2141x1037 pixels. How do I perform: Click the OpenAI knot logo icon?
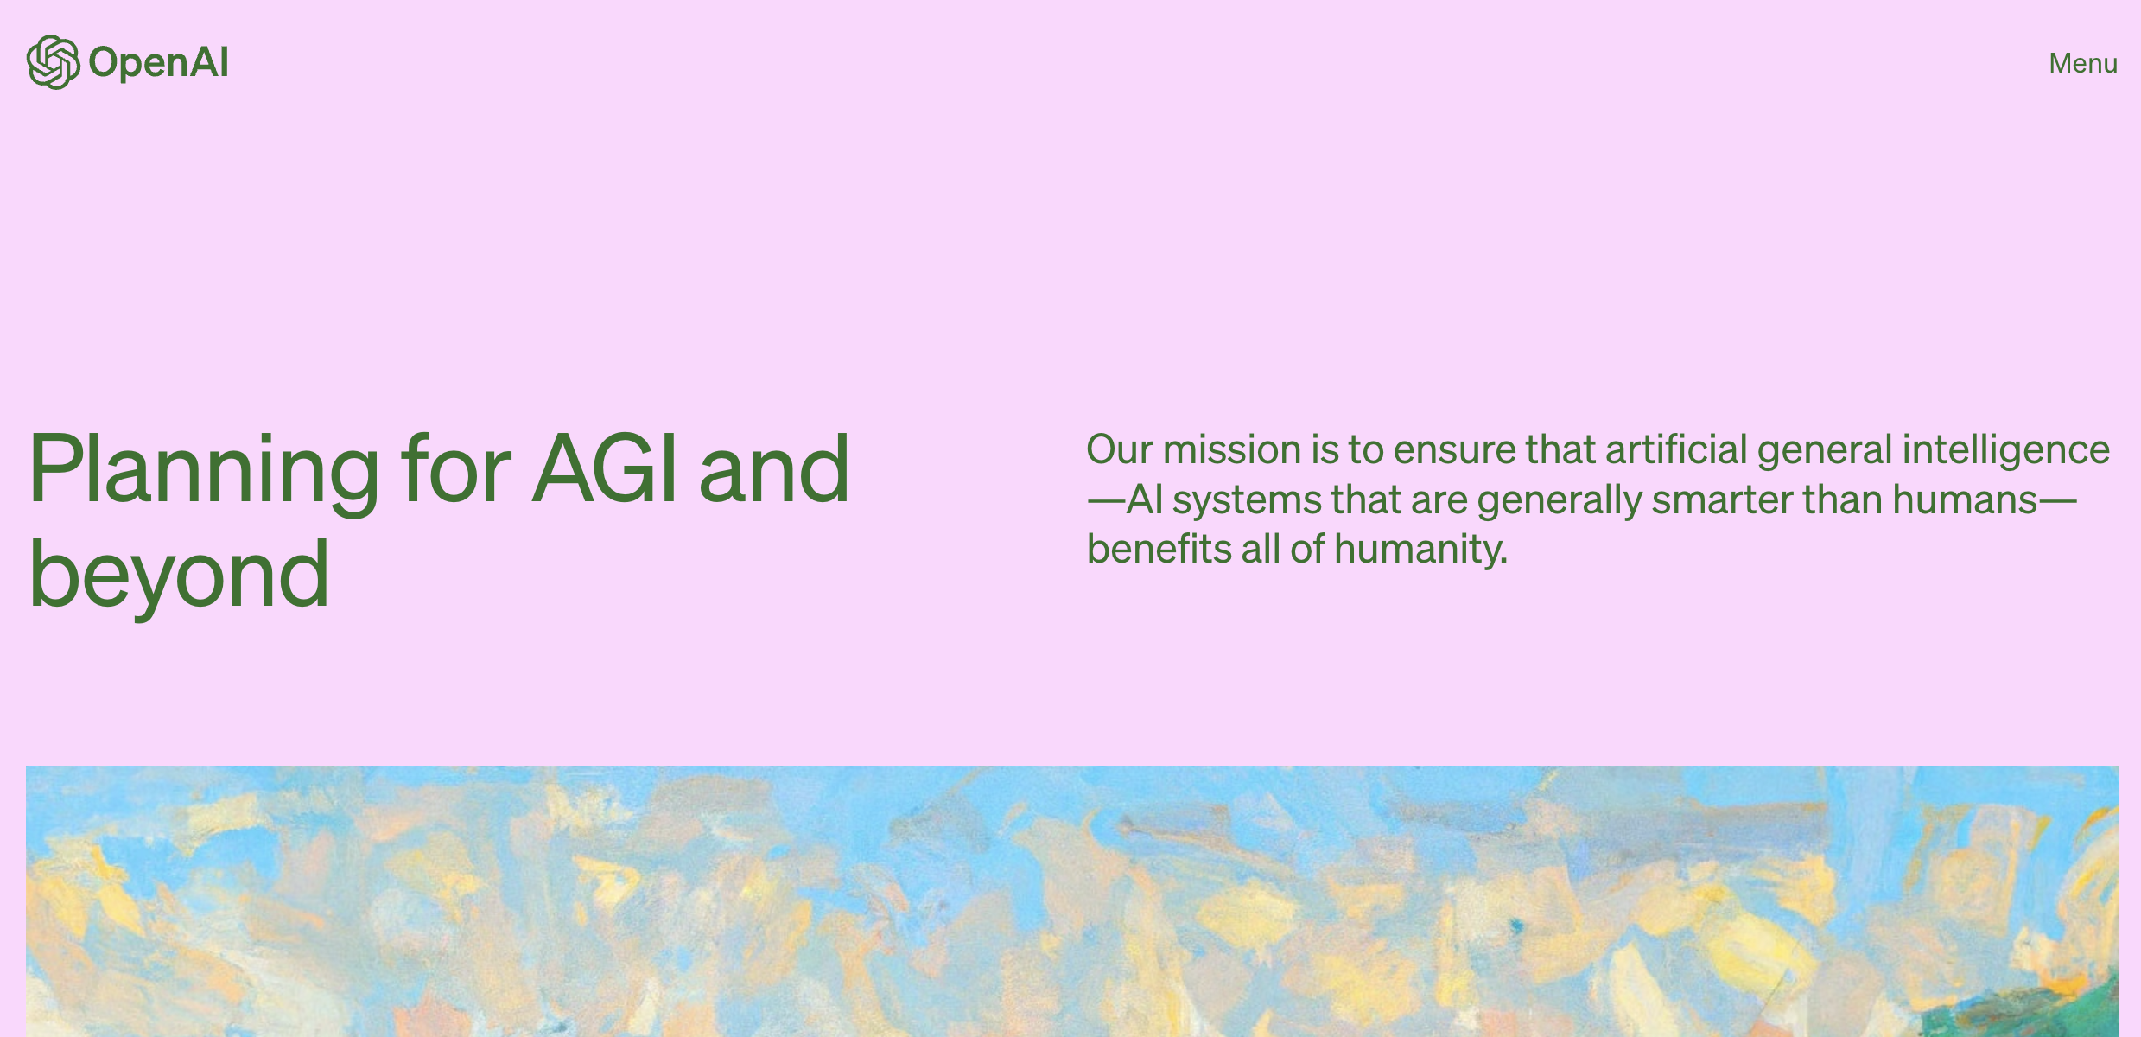54,62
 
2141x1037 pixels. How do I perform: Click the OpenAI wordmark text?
159,63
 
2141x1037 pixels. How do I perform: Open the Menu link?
2083,63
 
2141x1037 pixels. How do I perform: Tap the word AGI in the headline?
605,468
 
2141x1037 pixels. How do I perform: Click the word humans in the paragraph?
1966,499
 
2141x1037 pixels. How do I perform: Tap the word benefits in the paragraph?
1159,549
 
